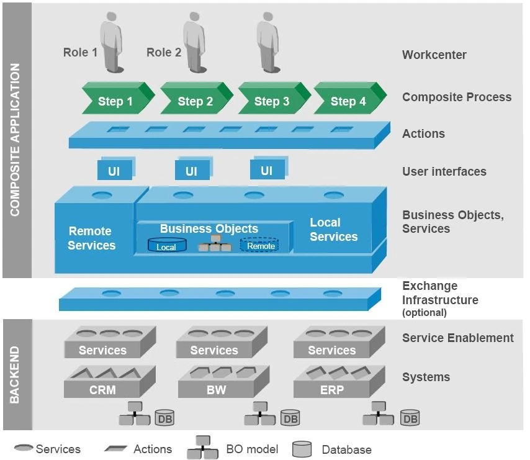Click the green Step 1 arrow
[115, 101]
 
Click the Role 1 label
[80, 53]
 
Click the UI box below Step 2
[191, 171]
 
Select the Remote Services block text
[92, 238]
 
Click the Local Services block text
[333, 230]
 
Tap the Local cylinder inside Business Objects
[166, 246]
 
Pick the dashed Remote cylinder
[260, 245]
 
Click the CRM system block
[102, 389]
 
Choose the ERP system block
[331, 389]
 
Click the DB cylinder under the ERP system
[410, 418]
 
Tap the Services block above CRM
[102, 350]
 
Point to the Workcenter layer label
[434, 55]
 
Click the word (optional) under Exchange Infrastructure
[424, 312]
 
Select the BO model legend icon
[202, 448]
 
